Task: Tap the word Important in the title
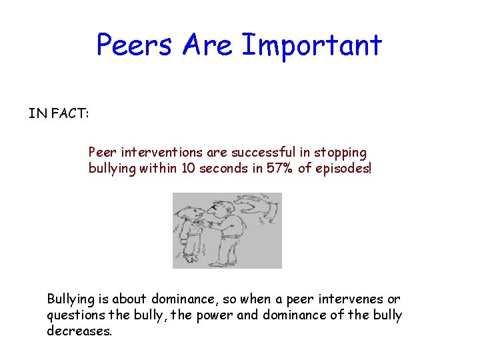pos(312,45)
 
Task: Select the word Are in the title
pos(207,45)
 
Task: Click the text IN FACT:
pos(59,113)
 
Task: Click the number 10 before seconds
pos(189,169)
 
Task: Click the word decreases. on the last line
pos(79,331)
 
